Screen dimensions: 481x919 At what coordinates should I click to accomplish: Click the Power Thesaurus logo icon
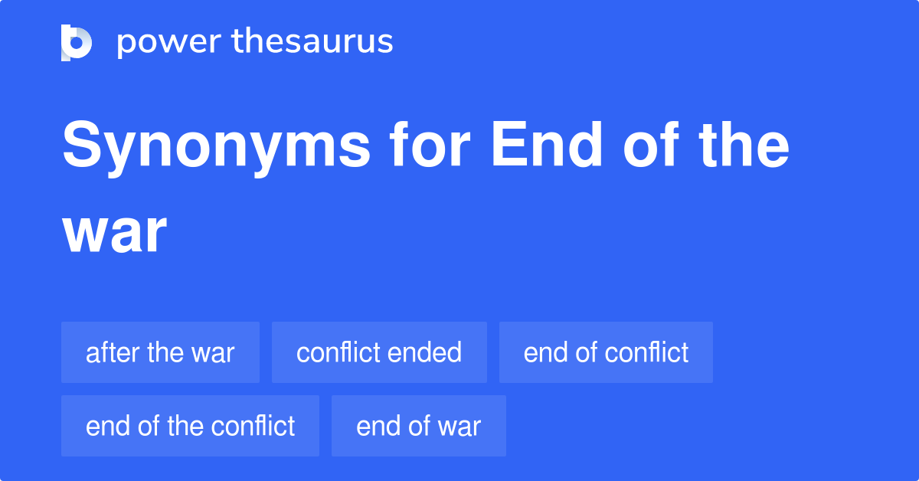click(x=77, y=42)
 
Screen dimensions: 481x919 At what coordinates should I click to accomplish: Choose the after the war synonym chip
click(x=160, y=352)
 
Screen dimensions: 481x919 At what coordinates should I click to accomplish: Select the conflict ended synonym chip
click(x=379, y=352)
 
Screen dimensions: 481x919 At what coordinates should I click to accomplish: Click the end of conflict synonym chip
click(x=606, y=352)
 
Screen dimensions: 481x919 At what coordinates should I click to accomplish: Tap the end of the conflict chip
click(x=190, y=426)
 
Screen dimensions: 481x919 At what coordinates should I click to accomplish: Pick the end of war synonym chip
click(x=418, y=426)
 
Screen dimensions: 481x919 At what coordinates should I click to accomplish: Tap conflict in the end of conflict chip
click(x=647, y=352)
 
